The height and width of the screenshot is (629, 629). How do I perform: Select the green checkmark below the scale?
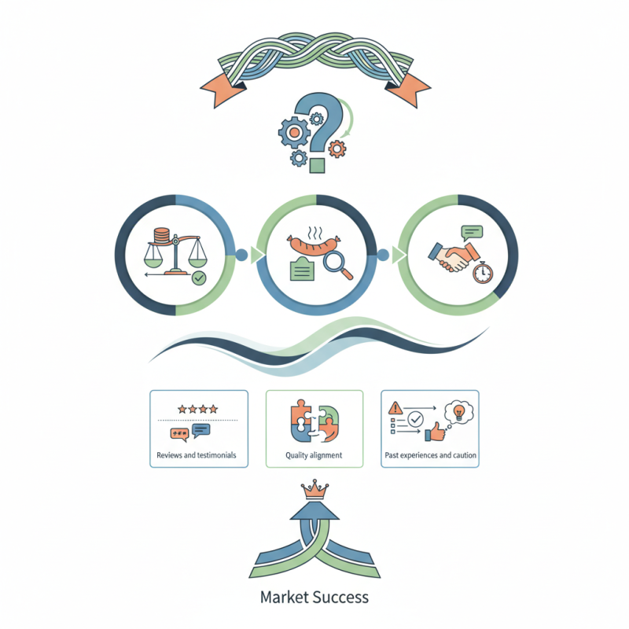[200, 277]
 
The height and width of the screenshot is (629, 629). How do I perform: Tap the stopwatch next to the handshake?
[483, 272]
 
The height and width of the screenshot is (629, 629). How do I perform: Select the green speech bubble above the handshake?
[472, 232]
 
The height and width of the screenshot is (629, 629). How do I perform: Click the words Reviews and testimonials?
[196, 455]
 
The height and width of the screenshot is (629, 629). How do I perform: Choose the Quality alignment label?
[314, 455]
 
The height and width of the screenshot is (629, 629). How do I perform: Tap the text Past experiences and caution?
[430, 455]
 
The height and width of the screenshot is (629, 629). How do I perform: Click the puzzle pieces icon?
[314, 422]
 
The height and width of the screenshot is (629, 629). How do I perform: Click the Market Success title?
[314, 597]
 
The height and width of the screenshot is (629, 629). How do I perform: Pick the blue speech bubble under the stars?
[202, 430]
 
